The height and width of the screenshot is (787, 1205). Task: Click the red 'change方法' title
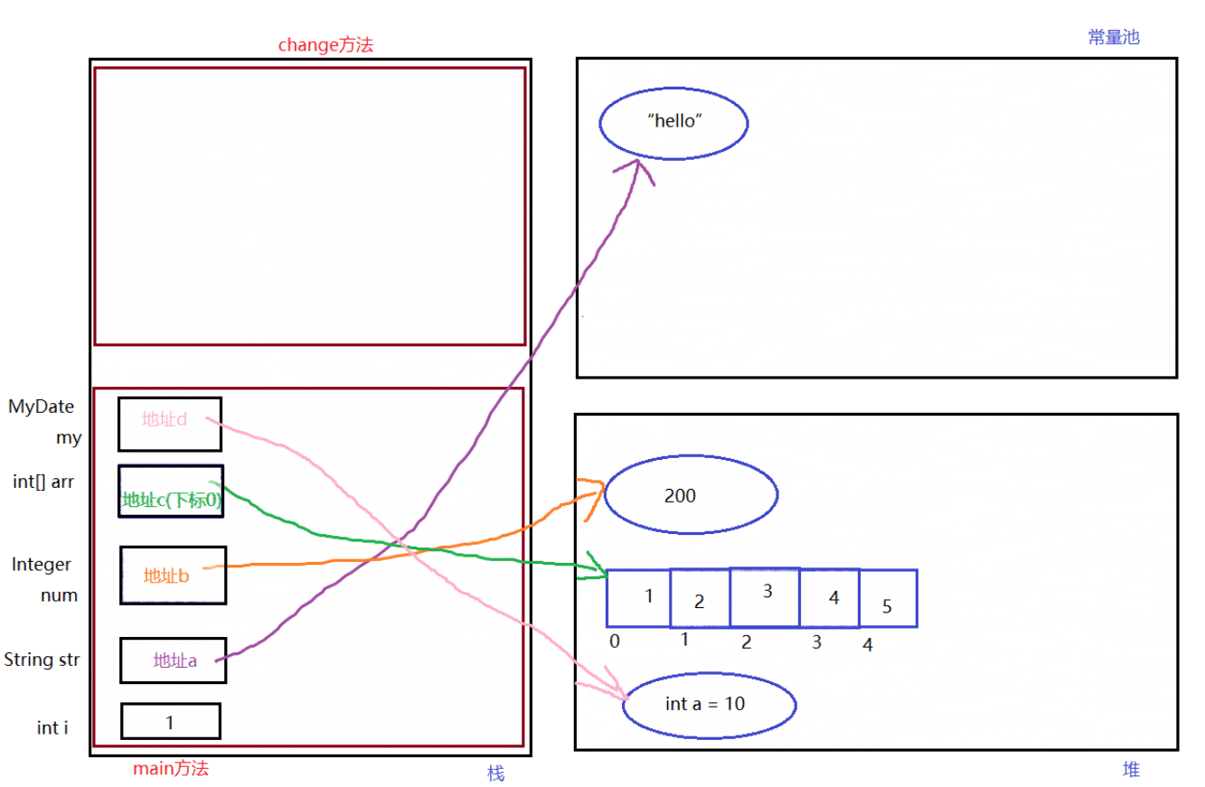(x=325, y=44)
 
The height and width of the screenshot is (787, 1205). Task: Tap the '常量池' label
(x=1114, y=37)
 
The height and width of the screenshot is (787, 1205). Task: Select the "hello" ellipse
(x=673, y=124)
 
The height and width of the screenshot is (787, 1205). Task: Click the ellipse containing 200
(x=692, y=494)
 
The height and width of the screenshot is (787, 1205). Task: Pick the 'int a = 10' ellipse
(x=710, y=706)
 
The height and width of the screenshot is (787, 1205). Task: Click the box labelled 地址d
(x=170, y=424)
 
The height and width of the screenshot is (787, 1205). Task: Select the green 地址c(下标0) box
(x=171, y=492)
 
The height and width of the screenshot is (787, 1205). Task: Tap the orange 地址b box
(x=174, y=576)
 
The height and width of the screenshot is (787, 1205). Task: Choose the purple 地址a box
(x=174, y=661)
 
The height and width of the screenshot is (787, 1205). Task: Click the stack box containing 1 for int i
(x=171, y=721)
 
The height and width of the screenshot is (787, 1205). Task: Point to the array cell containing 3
(x=765, y=597)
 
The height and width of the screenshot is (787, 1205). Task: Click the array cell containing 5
(x=888, y=598)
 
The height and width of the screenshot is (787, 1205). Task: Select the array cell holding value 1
(x=638, y=598)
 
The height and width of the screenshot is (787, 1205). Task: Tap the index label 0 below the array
(x=615, y=642)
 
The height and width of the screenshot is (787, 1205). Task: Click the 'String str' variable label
(x=42, y=660)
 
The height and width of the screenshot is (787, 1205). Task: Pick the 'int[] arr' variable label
(x=43, y=482)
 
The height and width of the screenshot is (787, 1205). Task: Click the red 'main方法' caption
(x=171, y=769)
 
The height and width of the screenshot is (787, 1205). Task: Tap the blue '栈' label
(x=495, y=773)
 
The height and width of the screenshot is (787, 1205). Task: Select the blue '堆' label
(x=1131, y=769)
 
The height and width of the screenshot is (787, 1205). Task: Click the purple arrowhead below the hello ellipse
(x=638, y=160)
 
